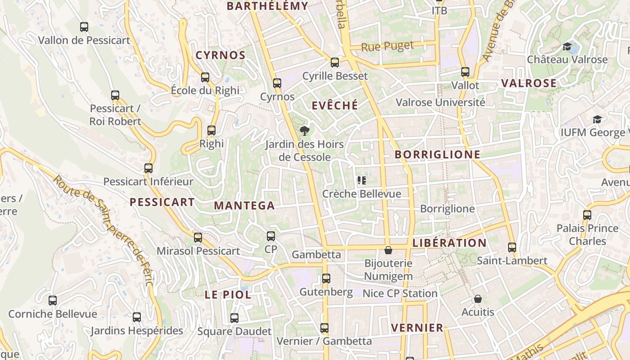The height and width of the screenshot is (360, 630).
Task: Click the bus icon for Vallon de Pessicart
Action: coord(84,27)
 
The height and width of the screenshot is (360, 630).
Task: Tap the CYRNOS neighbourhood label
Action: coord(220,55)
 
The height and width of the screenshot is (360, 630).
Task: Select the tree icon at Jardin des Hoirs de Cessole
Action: coord(305,131)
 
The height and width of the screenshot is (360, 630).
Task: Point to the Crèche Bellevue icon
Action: coord(361,180)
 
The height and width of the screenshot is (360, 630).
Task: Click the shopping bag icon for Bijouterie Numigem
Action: coord(388,250)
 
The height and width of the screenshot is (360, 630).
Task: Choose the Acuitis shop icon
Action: coord(477,299)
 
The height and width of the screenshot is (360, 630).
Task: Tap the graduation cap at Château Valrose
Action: coord(567,46)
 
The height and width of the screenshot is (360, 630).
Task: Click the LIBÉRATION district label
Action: coord(450,243)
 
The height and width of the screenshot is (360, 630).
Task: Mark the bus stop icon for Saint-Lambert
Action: coord(512,247)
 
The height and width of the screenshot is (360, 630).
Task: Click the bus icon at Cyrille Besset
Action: coord(335,63)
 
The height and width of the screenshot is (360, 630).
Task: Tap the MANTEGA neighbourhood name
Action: coord(244,206)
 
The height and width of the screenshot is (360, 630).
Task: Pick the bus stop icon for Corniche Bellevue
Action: coord(53,301)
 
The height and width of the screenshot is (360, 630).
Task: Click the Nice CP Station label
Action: coord(400,293)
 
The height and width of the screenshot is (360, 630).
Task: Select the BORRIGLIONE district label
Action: coord(437,154)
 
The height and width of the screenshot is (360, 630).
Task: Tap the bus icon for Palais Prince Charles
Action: coord(587,215)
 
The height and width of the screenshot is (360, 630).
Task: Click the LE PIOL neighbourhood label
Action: coord(228,295)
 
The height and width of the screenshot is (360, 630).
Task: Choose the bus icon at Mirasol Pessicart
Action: coord(198,238)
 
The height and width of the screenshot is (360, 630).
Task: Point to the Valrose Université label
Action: coord(440,102)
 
